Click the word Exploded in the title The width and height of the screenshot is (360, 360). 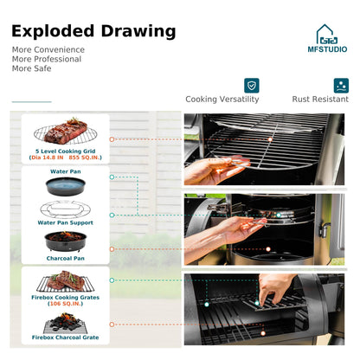(x=53, y=31)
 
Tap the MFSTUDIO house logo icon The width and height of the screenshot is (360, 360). (x=326, y=34)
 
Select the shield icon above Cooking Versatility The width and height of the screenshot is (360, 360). (x=252, y=86)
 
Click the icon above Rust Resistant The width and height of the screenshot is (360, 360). (x=341, y=86)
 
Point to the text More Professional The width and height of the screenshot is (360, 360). (x=47, y=59)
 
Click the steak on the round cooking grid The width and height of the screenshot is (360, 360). (x=66, y=132)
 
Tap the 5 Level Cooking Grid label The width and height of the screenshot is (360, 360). (x=66, y=151)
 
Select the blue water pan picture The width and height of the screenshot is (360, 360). (x=66, y=186)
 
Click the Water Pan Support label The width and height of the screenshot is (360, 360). (x=66, y=222)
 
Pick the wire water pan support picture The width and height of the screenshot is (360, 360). (x=66, y=209)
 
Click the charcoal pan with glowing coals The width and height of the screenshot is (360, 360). (x=66, y=241)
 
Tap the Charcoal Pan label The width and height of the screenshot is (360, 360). (x=66, y=259)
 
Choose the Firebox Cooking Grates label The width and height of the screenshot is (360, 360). (x=66, y=298)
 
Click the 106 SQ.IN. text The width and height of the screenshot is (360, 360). (x=66, y=304)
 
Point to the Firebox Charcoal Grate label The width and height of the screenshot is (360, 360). (x=66, y=337)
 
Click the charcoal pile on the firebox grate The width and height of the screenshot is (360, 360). (x=66, y=322)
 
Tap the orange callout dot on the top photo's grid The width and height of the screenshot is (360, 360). (x=270, y=139)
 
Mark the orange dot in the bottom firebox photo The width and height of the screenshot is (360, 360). (x=263, y=333)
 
